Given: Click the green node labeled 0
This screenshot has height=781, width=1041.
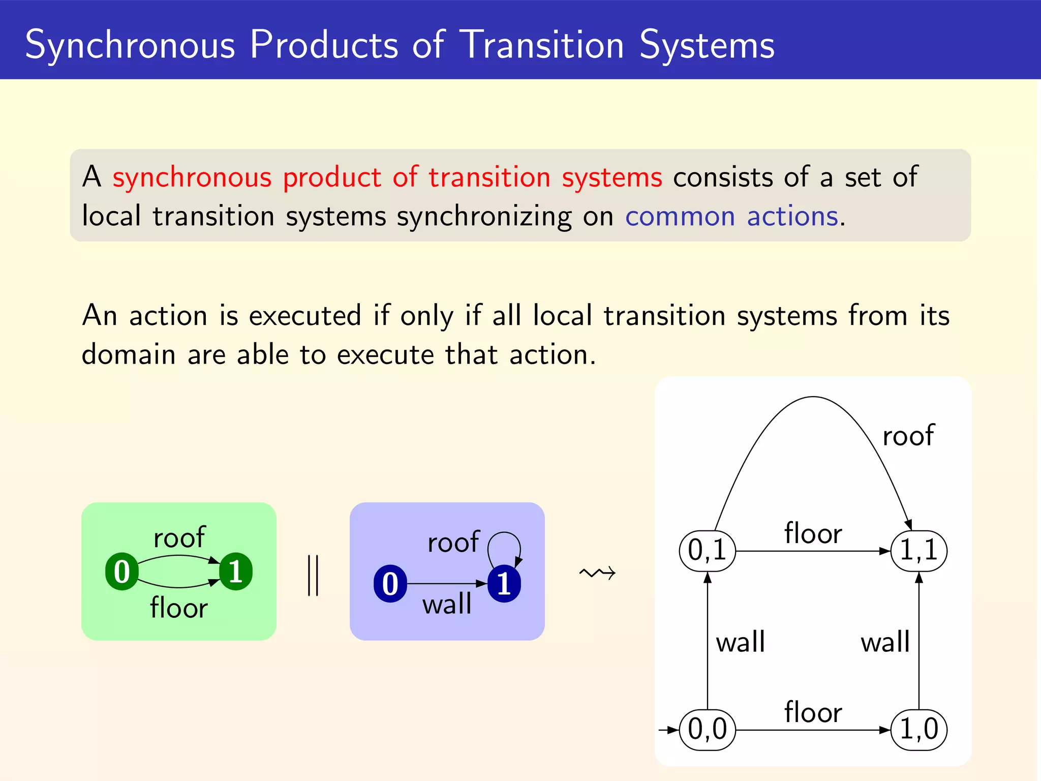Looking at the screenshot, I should click(x=121, y=572).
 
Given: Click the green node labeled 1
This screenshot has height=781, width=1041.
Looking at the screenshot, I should click(x=235, y=572).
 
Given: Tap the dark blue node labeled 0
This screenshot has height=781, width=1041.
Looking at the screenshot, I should click(x=390, y=584).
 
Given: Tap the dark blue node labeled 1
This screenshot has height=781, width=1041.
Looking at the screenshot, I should click(x=504, y=584).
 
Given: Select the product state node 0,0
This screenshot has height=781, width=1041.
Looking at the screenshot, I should click(x=707, y=730).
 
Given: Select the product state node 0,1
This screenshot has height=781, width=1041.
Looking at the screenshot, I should click(x=707, y=551).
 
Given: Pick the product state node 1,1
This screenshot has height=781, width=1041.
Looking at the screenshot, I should click(x=919, y=551).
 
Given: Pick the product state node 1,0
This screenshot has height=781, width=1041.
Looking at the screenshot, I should click(x=919, y=730).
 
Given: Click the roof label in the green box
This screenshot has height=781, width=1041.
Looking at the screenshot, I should click(x=179, y=538).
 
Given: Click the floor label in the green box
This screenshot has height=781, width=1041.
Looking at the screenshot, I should click(x=179, y=608).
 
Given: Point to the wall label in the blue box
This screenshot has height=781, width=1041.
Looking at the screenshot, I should click(x=447, y=604).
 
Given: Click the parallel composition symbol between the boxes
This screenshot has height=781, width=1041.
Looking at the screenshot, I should click(x=313, y=575).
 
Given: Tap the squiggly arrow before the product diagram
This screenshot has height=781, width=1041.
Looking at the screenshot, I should click(x=597, y=574).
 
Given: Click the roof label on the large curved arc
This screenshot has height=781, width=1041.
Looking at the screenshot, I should click(x=908, y=436).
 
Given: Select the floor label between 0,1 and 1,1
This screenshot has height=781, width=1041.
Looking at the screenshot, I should click(x=813, y=533).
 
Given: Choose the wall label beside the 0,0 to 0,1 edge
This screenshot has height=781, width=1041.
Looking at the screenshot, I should click(x=740, y=642).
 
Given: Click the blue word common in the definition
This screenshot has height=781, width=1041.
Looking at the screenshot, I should click(x=680, y=217).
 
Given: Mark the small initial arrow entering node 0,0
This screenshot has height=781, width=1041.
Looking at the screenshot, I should click(x=668, y=730).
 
